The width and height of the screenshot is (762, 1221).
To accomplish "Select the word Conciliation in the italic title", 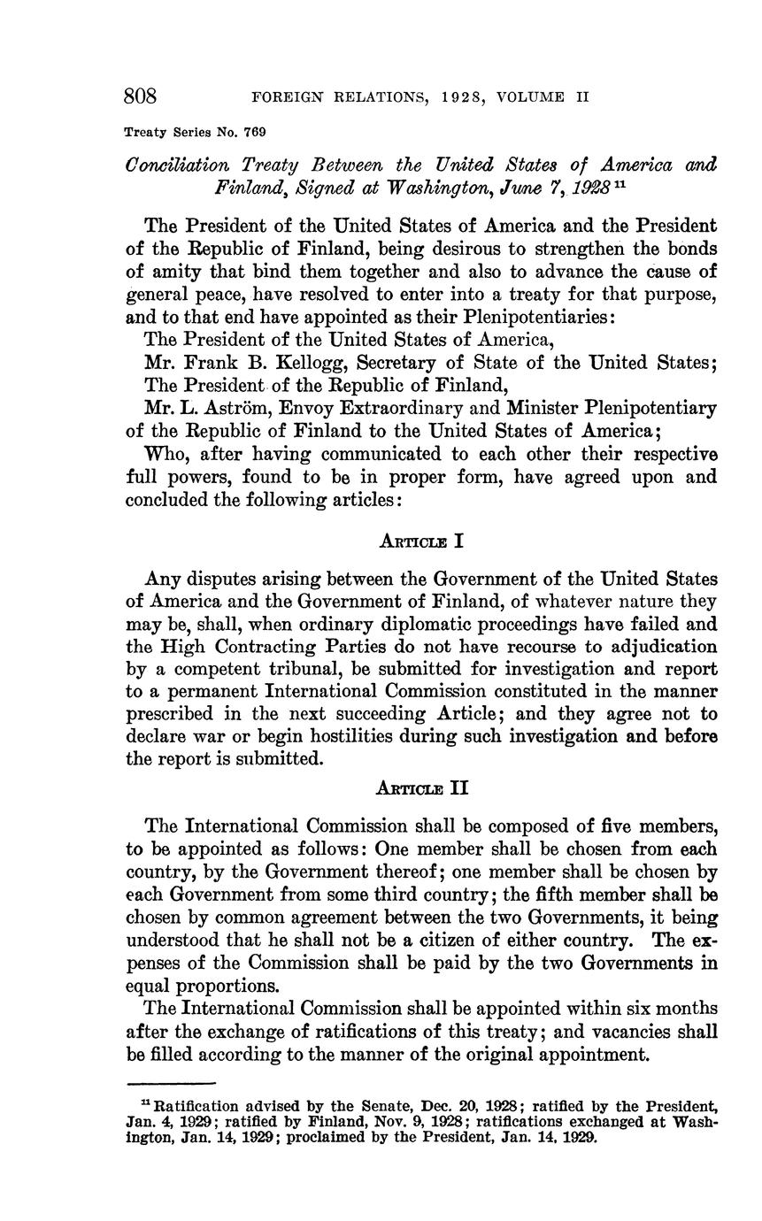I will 178,165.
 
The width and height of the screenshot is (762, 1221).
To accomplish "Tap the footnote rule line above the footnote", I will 172,1083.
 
